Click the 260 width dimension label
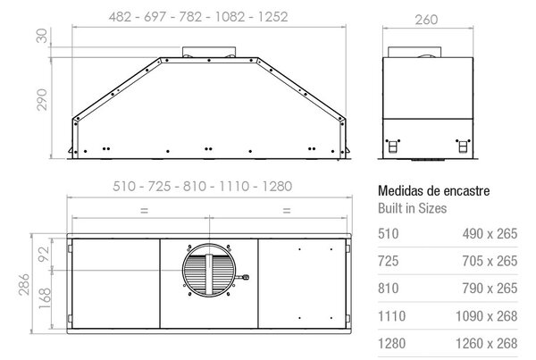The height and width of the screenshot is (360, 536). pos(426,20)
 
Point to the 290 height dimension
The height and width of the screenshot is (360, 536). pos(42,99)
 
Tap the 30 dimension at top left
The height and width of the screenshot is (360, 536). pos(42,36)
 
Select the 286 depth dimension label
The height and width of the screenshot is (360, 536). pos(24,284)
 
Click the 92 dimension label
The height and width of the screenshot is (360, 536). pos(44,254)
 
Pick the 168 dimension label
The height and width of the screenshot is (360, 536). pos(45,298)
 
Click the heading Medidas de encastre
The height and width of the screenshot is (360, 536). pos(434,191)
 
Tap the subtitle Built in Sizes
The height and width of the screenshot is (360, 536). pos(412,208)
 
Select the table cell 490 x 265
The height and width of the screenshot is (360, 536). pos(490,234)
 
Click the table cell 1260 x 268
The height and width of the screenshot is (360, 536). pos(487,344)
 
